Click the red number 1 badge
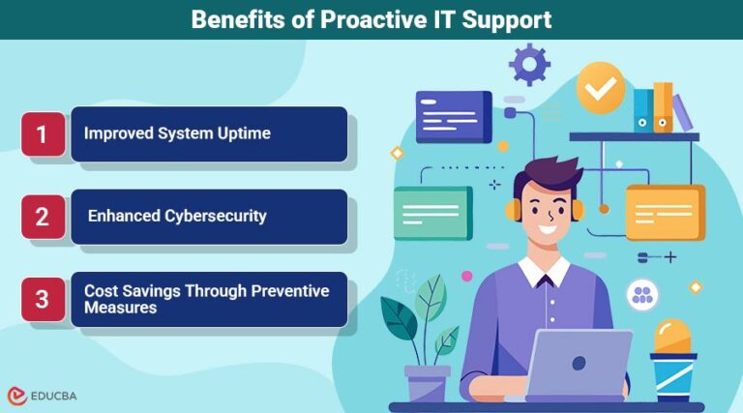coord(43,133)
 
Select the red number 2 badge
coord(43,217)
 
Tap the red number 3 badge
coord(43,298)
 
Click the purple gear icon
coord(529,64)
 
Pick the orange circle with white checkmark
coord(601,88)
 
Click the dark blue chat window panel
coord(454,116)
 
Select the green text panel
coord(432,213)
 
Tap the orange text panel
coord(665,212)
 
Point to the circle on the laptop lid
coord(579,363)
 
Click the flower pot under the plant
coord(427,383)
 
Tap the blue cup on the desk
coord(673,376)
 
